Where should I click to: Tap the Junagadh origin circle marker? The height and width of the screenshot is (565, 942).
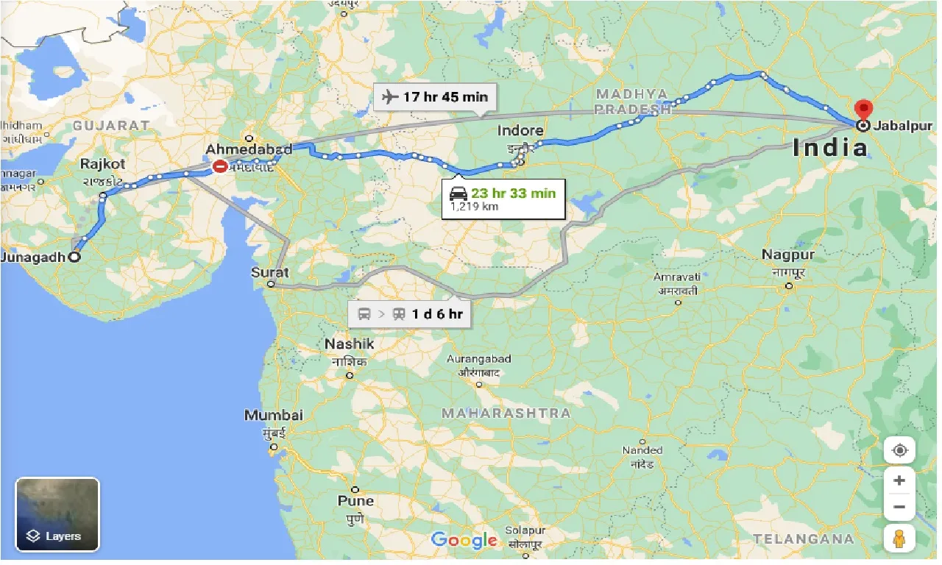point(74,257)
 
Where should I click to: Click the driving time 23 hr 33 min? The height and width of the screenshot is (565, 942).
point(513,193)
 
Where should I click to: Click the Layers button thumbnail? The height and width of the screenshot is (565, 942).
point(57,514)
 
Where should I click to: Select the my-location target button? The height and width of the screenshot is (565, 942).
point(899,449)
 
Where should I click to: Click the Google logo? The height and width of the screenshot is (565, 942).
point(464,540)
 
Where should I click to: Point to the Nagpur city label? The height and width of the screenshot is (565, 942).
point(788,255)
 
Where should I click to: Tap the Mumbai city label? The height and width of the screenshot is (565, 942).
point(273,415)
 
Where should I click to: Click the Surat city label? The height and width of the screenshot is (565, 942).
point(270,271)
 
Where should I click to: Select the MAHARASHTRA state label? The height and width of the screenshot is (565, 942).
point(506,413)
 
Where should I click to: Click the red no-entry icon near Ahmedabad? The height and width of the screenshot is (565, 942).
point(220,167)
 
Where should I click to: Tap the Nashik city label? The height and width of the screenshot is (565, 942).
point(350,344)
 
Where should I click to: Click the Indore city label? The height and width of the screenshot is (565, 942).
point(520,131)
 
